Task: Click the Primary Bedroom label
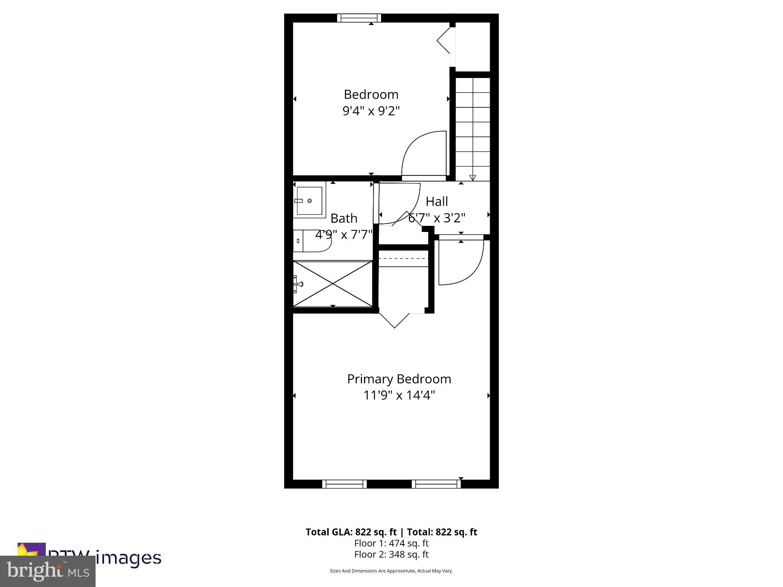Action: coord(399,379)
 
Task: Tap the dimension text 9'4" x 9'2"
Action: coord(371,111)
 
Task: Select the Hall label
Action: coord(437,201)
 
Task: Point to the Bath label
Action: coord(344,218)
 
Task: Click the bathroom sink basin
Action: coord(309,201)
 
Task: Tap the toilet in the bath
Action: coord(312,241)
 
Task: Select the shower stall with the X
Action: coord(333,284)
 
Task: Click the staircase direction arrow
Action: coord(473,177)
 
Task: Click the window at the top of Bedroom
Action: coord(359,18)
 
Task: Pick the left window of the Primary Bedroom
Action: coord(344,484)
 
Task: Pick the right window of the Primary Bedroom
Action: coord(436,484)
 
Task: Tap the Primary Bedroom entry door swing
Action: coord(461,264)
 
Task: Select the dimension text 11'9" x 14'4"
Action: coord(399,395)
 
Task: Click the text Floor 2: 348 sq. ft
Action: coord(391,554)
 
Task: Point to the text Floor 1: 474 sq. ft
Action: coord(391,543)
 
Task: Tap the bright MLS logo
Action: coord(48,571)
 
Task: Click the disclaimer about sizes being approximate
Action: coord(391,571)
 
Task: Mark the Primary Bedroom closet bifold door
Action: coord(395,320)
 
